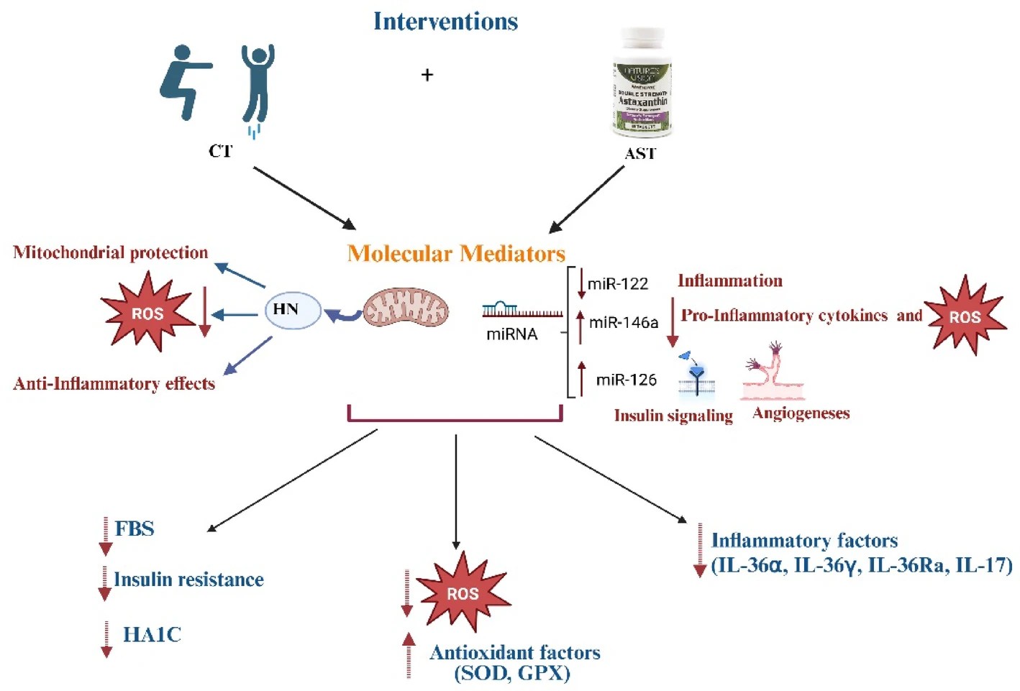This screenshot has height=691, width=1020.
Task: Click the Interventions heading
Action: click(445, 22)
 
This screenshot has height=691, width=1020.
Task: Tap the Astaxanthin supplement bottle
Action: click(642, 85)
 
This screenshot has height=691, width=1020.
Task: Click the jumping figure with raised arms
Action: click(257, 85)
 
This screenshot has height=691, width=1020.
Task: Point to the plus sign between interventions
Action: click(427, 75)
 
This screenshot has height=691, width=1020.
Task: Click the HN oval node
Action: click(293, 310)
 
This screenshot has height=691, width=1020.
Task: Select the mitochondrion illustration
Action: click(406, 310)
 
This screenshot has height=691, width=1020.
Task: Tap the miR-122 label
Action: click(618, 284)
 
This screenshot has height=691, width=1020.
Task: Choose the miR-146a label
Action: click(623, 323)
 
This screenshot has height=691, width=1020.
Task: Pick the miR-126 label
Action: click(626, 380)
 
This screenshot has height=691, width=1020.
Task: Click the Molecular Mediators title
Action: click(456, 254)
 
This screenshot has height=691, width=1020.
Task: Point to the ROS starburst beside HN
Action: click(147, 313)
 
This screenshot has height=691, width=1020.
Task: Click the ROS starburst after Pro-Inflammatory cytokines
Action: click(965, 316)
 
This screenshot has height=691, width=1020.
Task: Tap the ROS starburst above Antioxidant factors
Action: click(463, 593)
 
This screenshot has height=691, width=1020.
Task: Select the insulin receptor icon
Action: click(696, 375)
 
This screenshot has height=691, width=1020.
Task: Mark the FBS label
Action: click(135, 529)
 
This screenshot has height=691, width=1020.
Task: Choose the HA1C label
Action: click(152, 635)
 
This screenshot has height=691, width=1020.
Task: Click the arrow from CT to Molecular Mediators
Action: click(305, 198)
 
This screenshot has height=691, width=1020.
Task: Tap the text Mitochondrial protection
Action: click(111, 253)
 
